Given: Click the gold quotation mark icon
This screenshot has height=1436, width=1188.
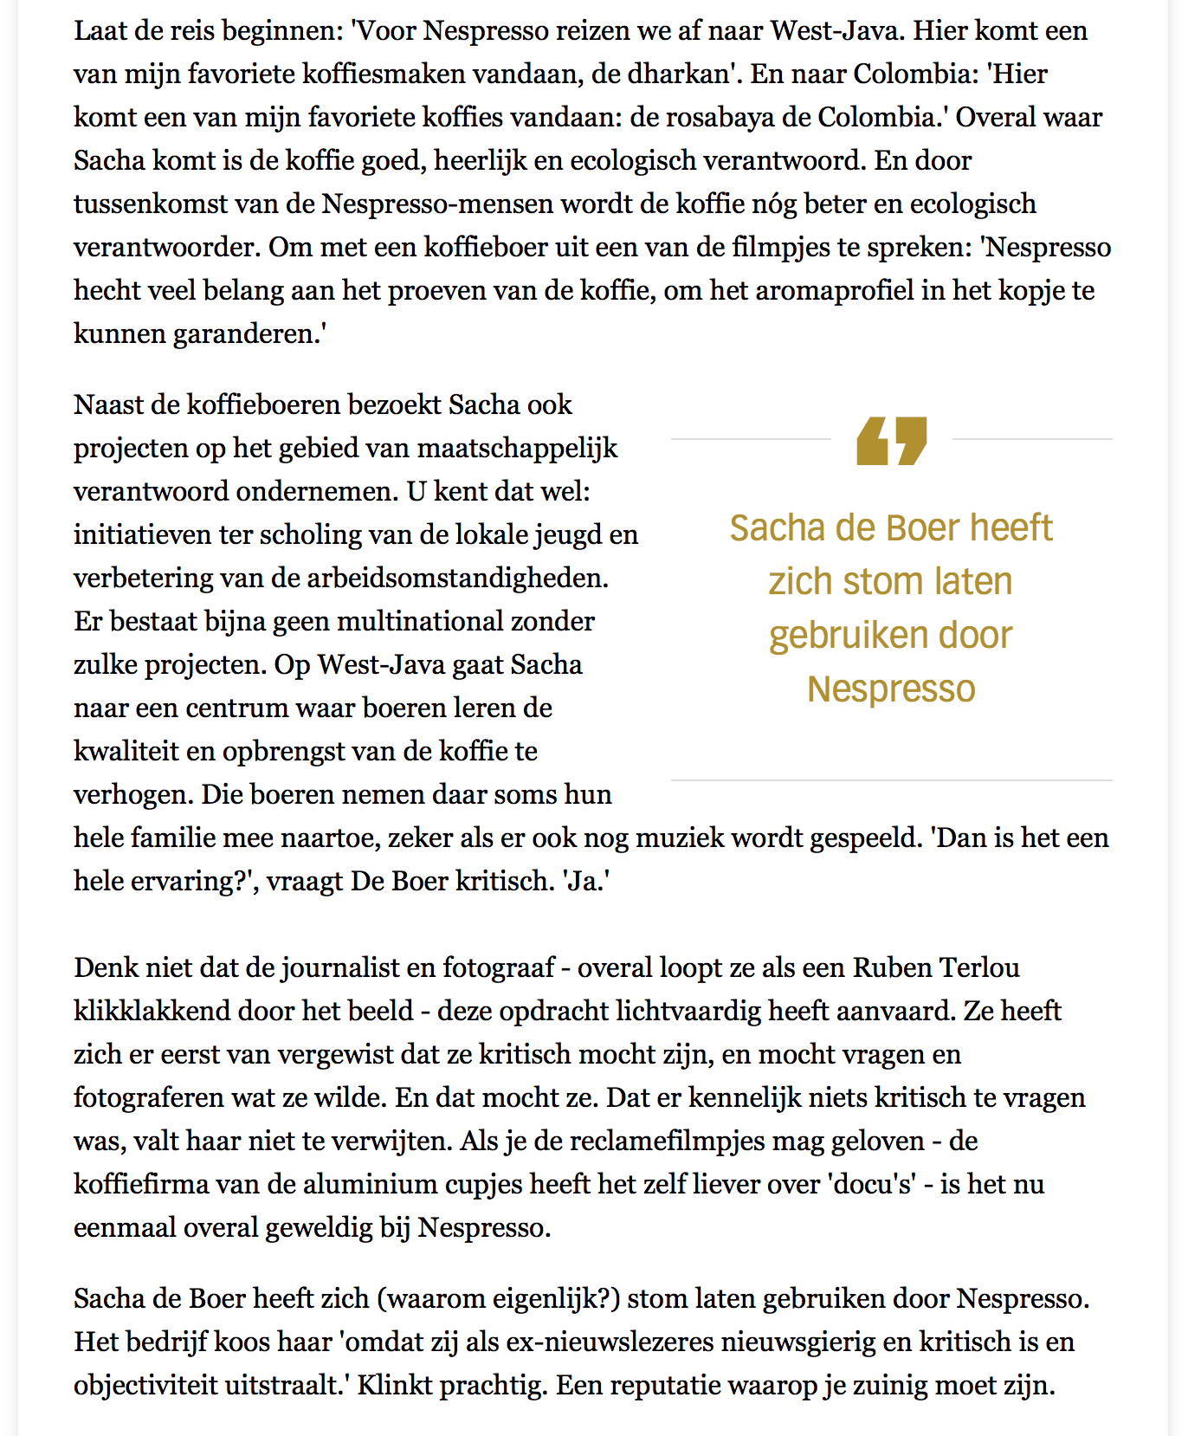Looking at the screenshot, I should click(x=891, y=441).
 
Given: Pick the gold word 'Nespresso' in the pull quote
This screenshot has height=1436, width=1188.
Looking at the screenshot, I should click(x=891, y=689).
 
